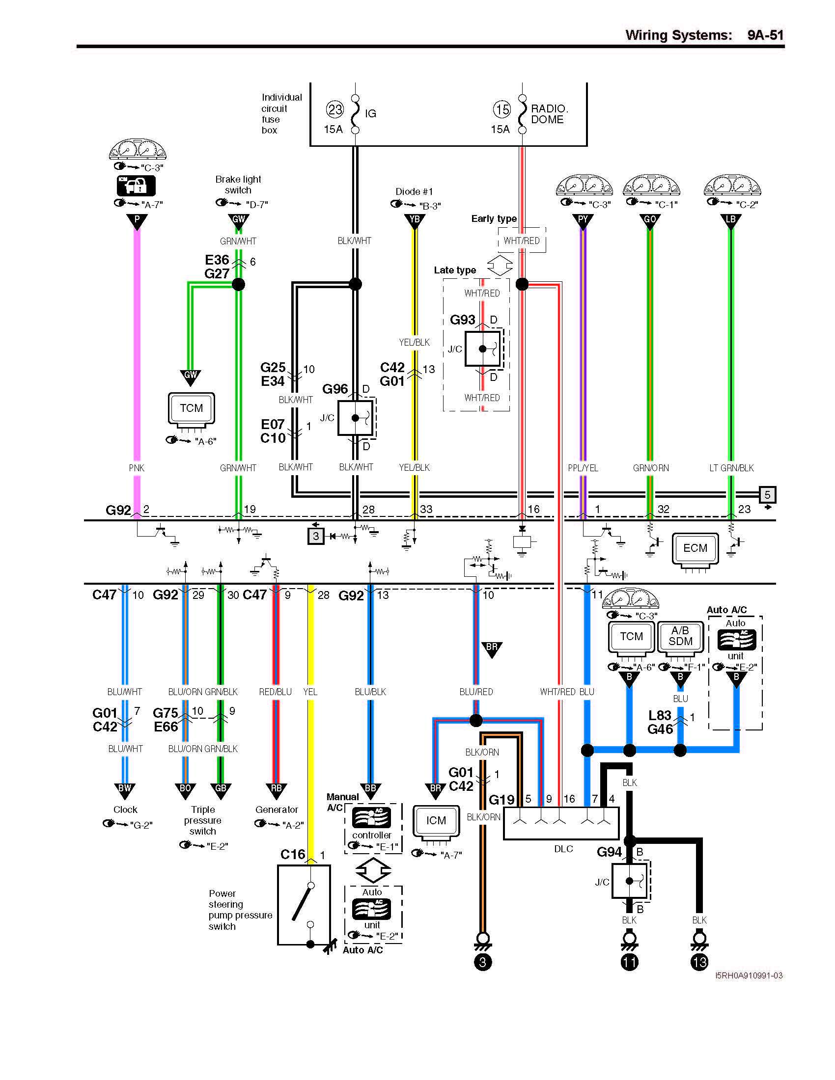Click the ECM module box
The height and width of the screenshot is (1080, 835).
695,548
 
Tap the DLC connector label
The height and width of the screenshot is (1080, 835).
563,849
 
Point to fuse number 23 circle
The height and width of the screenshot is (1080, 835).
335,109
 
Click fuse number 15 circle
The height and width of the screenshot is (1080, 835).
502,109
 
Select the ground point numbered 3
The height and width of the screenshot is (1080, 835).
483,962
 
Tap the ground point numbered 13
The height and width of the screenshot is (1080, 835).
699,962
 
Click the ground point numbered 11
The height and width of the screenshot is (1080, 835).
629,962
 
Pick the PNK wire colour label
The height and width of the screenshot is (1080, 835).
137,468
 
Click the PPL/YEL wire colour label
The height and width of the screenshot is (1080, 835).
583,468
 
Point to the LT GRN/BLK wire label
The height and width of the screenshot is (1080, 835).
731,468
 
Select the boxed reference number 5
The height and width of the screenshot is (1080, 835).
767,494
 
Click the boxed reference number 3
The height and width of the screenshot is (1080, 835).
316,536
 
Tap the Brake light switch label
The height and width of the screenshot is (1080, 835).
238,185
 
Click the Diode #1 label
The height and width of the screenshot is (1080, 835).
414,191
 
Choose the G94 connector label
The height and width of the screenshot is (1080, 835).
609,852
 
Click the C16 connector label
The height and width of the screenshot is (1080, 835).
292,855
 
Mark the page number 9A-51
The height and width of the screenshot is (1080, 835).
765,35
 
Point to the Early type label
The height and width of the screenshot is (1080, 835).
494,218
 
